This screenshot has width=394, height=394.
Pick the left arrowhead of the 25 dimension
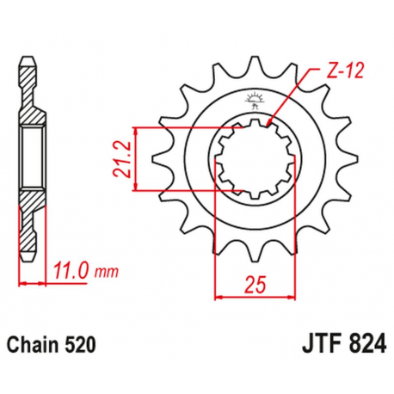[x=218, y=295]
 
